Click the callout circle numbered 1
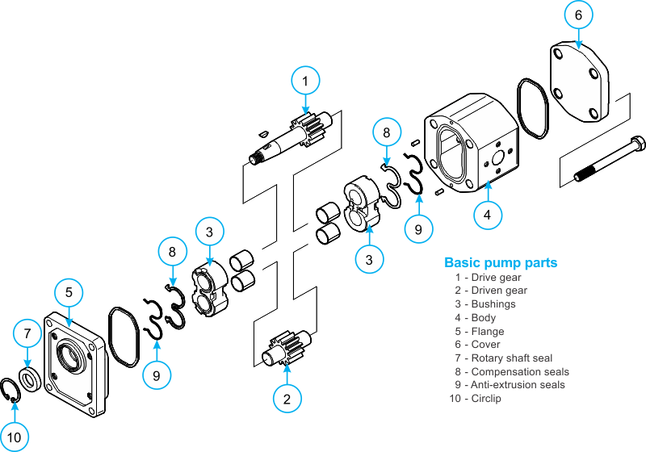(305, 81)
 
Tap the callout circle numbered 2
(287, 399)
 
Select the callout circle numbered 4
(488, 215)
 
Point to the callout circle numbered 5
(69, 292)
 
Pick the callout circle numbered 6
(578, 15)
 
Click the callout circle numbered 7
(27, 333)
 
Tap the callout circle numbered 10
(14, 437)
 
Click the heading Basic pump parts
(501, 262)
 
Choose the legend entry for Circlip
(475, 399)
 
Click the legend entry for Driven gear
(491, 291)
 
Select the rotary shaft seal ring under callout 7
(31, 379)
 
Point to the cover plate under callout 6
(580, 82)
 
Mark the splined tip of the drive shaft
(254, 158)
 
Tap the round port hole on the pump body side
(498, 158)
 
